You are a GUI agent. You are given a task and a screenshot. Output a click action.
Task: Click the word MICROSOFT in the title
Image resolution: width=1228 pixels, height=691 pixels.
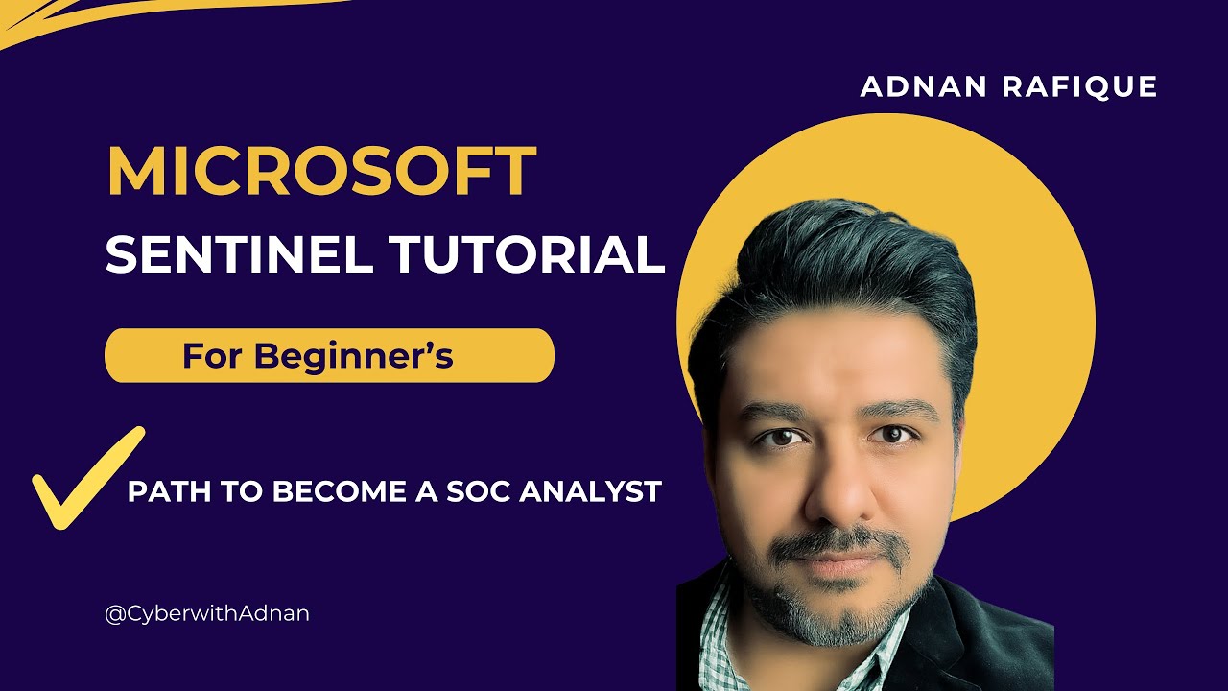[x=320, y=173]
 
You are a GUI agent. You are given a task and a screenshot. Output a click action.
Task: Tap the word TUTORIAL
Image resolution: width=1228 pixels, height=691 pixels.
[x=527, y=254]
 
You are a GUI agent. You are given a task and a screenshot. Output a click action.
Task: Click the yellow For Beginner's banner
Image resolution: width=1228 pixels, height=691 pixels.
[x=328, y=356]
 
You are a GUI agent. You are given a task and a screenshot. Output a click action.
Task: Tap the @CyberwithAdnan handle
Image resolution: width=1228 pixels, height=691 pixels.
[x=207, y=613]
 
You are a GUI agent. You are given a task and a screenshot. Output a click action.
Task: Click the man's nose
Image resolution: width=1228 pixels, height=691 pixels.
[x=837, y=489]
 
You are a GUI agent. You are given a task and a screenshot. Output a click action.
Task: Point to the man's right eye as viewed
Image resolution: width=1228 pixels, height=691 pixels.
[x=893, y=435]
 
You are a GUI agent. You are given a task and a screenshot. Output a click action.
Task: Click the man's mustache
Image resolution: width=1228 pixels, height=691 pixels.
[x=840, y=542]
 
